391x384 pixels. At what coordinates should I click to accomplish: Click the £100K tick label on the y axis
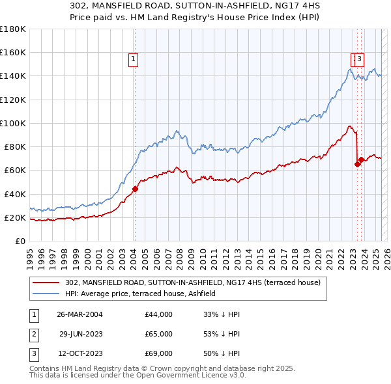coord(12,123)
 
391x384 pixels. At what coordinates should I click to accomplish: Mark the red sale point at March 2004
coord(135,189)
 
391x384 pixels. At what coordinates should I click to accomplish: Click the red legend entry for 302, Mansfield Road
coord(193,283)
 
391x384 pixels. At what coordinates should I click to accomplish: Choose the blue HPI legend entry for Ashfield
coord(144,294)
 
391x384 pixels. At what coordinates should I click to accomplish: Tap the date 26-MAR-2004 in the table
coord(80,314)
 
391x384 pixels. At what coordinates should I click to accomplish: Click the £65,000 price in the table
coord(158,334)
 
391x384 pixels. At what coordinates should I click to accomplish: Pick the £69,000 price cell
coord(158,354)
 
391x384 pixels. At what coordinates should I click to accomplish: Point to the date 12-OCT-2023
coord(80,354)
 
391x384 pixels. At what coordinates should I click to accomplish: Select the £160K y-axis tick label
coord(12,53)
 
